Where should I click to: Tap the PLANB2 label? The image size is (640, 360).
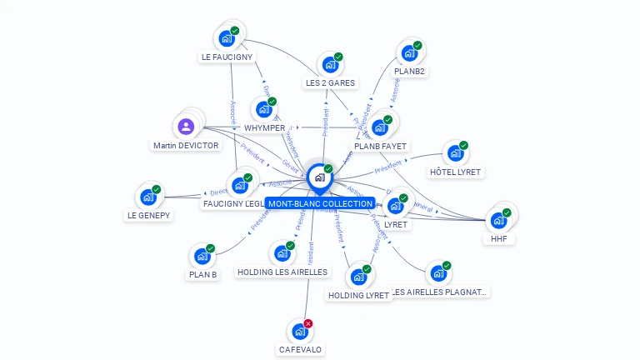click(409, 72)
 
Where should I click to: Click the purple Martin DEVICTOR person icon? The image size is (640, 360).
click(186, 127)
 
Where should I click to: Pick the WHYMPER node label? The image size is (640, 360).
click(264, 127)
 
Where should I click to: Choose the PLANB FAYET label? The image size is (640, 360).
click(380, 146)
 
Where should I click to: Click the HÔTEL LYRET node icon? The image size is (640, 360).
click(454, 153)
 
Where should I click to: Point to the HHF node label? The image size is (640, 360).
click(498, 239)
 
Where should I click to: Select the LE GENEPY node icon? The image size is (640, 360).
click(147, 197)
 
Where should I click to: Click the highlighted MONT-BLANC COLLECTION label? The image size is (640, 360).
click(320, 203)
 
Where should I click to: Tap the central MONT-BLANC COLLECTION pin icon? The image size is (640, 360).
click(318, 177)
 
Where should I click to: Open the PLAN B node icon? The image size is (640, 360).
click(202, 257)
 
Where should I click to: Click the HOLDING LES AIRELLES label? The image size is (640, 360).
click(282, 272)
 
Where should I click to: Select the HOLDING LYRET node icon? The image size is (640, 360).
click(358, 277)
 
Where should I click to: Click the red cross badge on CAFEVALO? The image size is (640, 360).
click(308, 323)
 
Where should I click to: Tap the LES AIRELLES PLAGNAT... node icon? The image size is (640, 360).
click(437, 273)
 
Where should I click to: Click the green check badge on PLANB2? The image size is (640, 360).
click(417, 45)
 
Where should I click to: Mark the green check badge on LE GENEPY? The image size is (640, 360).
click(157, 189)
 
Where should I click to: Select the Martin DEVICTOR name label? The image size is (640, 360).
click(186, 146)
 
